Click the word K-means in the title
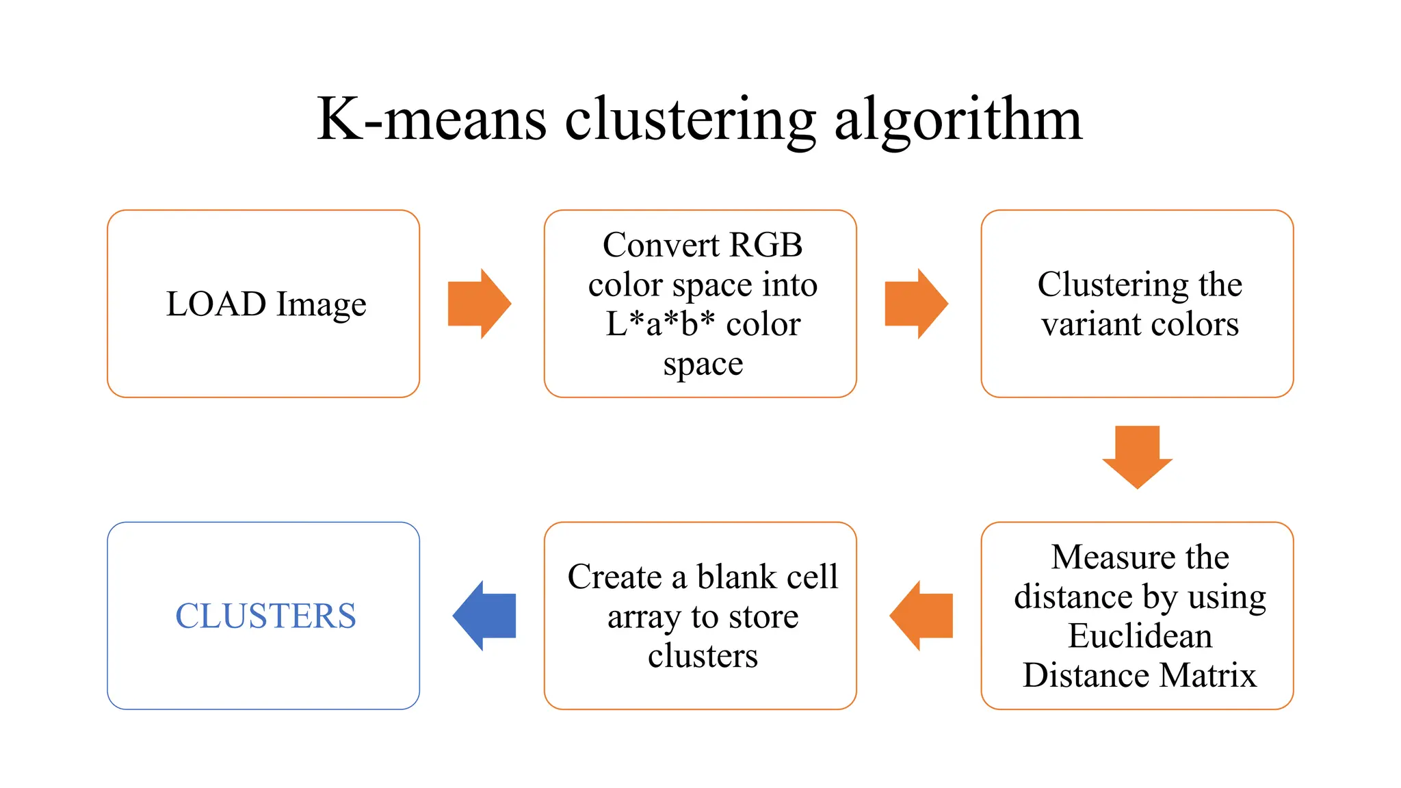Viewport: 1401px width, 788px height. point(431,120)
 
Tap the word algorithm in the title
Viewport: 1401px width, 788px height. point(958,122)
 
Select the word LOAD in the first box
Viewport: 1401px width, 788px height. point(215,304)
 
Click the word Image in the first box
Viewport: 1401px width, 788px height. point(322,305)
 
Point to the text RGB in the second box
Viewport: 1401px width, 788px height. point(765,245)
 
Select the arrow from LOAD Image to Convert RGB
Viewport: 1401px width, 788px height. point(479,304)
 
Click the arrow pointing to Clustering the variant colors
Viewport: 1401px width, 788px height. point(915,304)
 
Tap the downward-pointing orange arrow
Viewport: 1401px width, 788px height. point(1137,456)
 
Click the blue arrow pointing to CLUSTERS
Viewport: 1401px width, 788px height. point(484,616)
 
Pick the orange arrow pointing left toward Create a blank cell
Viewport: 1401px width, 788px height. point(921,616)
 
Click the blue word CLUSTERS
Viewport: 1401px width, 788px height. point(265,616)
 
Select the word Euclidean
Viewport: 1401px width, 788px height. point(1140,635)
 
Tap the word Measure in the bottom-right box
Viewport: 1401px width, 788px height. point(1102,557)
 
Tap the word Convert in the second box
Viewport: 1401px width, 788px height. point(661,245)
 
